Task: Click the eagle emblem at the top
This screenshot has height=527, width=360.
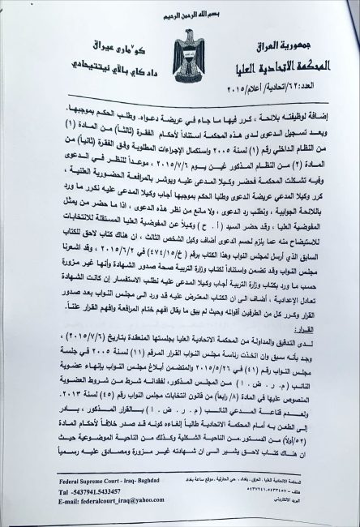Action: coord(179,41)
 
